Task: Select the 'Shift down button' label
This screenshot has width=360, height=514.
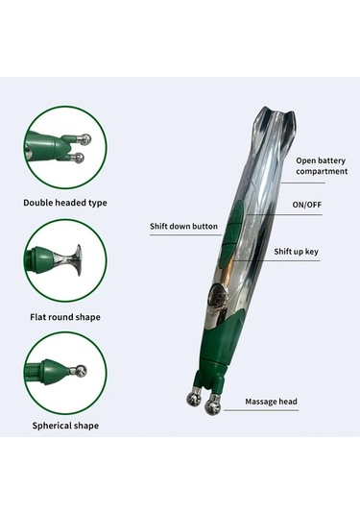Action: point(183,227)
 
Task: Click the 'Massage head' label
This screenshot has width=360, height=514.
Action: point(271,401)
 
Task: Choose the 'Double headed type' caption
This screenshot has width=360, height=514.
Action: point(65,203)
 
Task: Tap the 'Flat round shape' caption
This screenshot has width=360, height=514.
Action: point(65,316)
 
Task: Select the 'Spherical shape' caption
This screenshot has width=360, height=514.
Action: point(65,424)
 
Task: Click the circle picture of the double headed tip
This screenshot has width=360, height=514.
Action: point(65,147)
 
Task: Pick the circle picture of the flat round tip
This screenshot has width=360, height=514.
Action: point(65,260)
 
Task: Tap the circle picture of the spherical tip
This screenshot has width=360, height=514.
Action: point(65,370)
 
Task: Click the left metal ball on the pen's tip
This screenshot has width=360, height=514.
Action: point(194,397)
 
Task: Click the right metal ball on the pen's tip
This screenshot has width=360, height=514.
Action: point(214,404)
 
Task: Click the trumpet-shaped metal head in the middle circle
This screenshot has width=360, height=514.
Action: point(74,257)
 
